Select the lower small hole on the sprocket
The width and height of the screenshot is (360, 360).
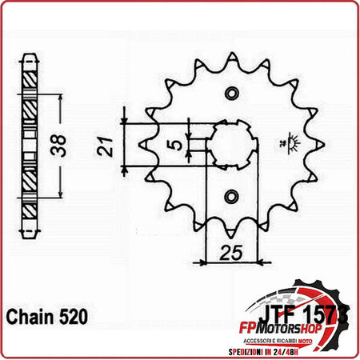(x=230, y=194)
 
